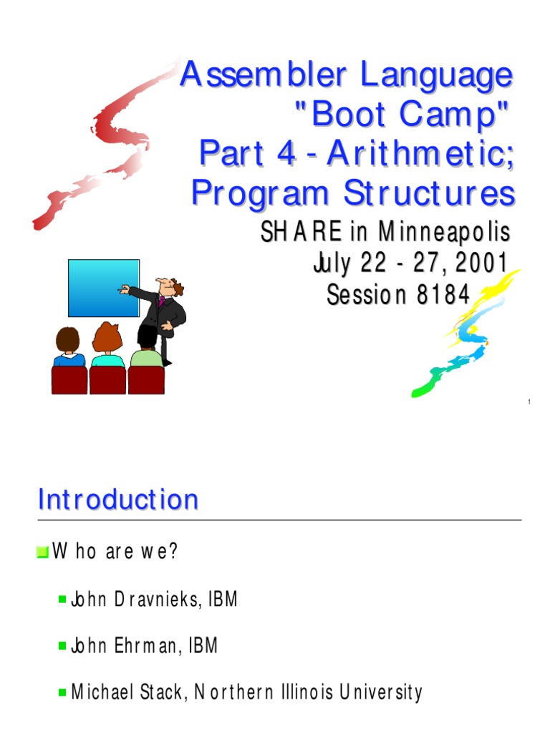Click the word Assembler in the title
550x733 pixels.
[264, 74]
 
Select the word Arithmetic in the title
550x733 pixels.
[420, 153]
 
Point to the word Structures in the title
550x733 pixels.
[429, 193]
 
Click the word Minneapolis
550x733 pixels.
[444, 232]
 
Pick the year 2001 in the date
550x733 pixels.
[481, 262]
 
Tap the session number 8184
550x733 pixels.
[443, 294]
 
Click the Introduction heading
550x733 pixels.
[118, 499]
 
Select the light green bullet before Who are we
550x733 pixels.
[42, 552]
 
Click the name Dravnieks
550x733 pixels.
[158, 599]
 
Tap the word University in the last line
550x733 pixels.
[381, 692]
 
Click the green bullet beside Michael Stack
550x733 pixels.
[62, 692]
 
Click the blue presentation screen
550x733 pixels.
[104, 288]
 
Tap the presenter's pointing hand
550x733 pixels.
[124, 289]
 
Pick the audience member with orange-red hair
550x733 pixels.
[107, 346]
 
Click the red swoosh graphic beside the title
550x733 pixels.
[105, 145]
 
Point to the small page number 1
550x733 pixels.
[529, 402]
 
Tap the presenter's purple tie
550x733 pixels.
[162, 301]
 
